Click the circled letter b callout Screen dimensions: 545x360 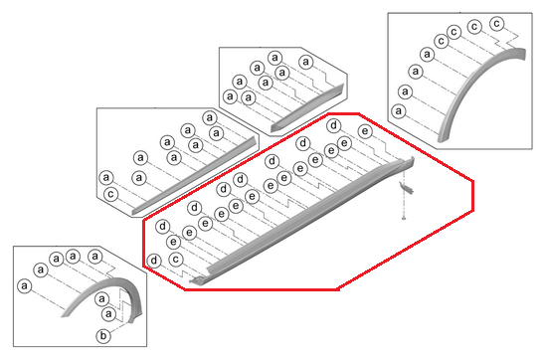(x=103, y=336)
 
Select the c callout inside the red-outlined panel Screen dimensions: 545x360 (x=176, y=260)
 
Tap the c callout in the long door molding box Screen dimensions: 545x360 (x=110, y=194)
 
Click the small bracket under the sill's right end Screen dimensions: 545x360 (x=406, y=189)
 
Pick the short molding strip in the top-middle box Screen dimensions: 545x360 (x=306, y=108)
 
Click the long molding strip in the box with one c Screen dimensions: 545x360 (x=195, y=174)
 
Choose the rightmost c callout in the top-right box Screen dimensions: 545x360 (x=497, y=24)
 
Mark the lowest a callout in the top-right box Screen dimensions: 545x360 (x=399, y=111)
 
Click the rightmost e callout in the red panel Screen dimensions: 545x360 (x=365, y=131)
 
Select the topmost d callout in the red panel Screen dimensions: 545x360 (x=334, y=125)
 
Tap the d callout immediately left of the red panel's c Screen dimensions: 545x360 (x=154, y=261)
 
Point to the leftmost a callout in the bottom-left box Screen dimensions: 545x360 (x=24, y=286)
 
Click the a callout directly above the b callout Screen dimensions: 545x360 (x=108, y=314)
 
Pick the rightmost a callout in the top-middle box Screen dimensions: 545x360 (x=306, y=62)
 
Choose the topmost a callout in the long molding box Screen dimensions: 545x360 (x=210, y=117)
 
